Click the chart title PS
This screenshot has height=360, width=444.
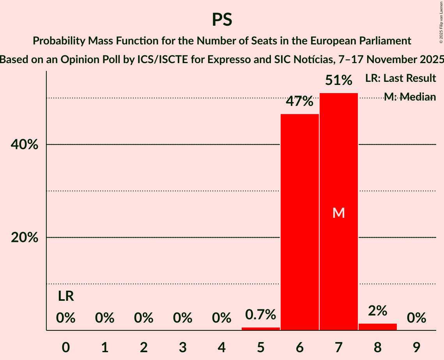coord(222,19)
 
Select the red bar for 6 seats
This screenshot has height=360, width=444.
coord(299,222)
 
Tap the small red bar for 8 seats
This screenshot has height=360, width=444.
coord(377,327)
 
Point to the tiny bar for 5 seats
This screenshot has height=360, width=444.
coord(260,329)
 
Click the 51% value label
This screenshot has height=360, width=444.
coord(338,81)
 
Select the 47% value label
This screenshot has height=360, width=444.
coord(299,102)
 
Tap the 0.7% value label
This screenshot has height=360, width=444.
coord(260,314)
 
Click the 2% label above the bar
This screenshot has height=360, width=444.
coord(377,311)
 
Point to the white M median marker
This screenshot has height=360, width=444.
coord(338,213)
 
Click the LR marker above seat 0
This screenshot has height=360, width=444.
coord(66,296)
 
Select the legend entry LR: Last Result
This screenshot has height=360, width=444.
coord(400,78)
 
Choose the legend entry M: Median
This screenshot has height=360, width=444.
coord(410,97)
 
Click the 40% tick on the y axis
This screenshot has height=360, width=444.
coord(24,145)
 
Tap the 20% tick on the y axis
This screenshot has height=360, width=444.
coord(24,238)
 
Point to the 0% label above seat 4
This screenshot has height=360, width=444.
coord(221,318)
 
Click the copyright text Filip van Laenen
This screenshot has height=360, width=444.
coord(441,22)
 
